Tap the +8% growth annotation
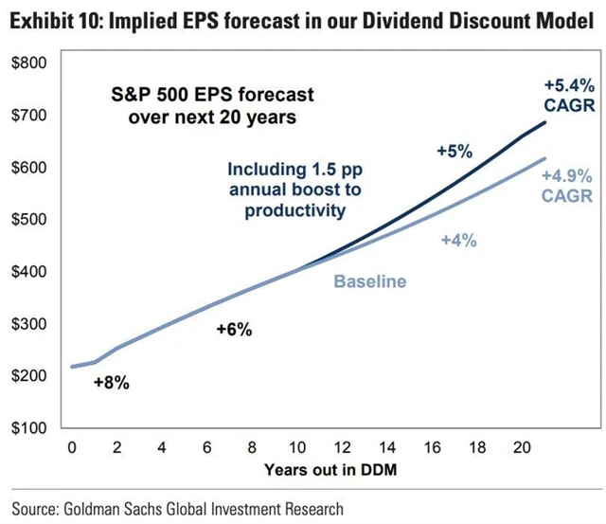(x=111, y=384)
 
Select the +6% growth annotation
(x=233, y=330)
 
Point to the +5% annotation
(x=454, y=151)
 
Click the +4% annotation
(x=458, y=241)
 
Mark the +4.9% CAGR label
(x=567, y=187)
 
